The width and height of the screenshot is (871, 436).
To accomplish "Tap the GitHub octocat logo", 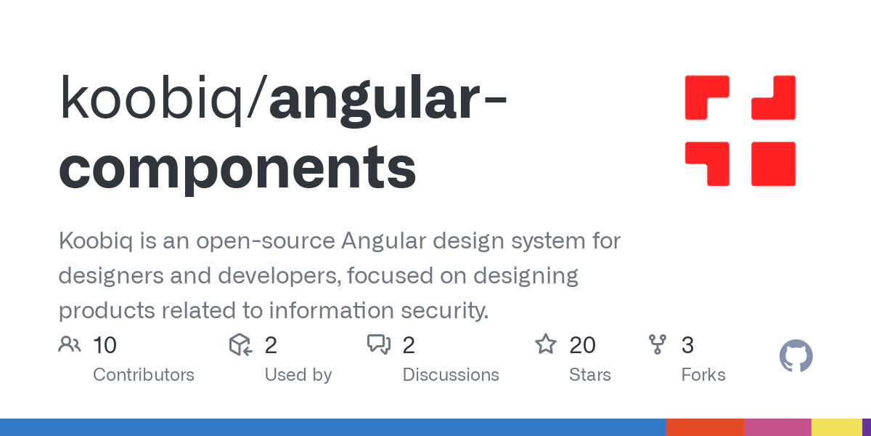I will tap(796, 357).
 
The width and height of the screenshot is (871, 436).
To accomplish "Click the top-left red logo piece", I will tap(706, 97).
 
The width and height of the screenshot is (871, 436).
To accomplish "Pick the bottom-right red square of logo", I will tap(774, 163).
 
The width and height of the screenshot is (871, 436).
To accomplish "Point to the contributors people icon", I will tap(70, 344).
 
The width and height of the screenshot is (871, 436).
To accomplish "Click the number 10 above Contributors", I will tap(105, 345).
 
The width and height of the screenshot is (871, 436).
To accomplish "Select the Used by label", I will tap(298, 375).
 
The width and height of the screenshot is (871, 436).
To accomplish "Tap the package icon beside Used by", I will tap(240, 344).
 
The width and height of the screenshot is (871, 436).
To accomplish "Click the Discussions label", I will tap(451, 375).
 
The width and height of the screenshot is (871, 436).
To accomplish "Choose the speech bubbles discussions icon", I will tap(379, 344).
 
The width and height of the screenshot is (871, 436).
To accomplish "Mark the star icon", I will tap(546, 344).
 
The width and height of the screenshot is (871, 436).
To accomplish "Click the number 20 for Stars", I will tap(583, 345).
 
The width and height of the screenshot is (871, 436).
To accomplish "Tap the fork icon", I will tap(658, 344).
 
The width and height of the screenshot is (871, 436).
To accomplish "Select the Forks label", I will tap(703, 375).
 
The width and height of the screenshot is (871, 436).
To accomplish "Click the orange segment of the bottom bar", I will tap(705, 427).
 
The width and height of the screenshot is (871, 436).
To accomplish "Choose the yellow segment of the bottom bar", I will tap(836, 427).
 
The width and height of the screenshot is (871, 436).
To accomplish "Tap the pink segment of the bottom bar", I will tap(777, 427).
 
